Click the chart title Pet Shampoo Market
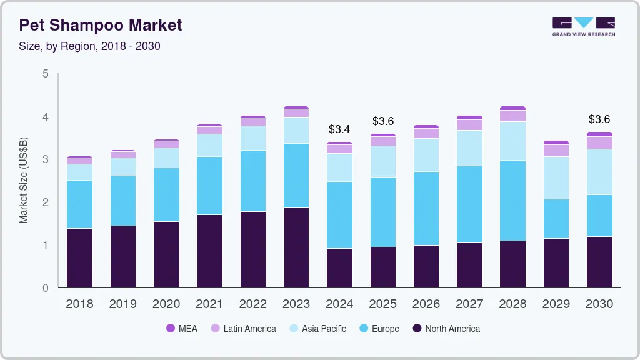(x=101, y=25)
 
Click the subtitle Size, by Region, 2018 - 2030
(x=90, y=46)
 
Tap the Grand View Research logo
(x=583, y=27)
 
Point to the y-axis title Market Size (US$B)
(x=24, y=181)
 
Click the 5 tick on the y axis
(x=45, y=74)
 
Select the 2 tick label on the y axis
(x=45, y=202)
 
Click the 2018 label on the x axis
(x=79, y=304)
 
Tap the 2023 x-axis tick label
(x=296, y=304)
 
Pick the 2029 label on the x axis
(x=556, y=304)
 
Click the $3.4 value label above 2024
(x=339, y=130)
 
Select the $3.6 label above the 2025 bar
(x=382, y=121)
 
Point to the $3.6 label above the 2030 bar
(x=599, y=119)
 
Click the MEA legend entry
(x=182, y=328)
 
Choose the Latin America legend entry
(x=242, y=328)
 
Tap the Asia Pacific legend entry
(x=316, y=328)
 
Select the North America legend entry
(x=446, y=328)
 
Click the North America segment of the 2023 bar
(x=296, y=247)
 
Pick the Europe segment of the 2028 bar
(x=512, y=201)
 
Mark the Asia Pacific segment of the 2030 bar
(x=599, y=172)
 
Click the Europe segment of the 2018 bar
(x=79, y=204)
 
